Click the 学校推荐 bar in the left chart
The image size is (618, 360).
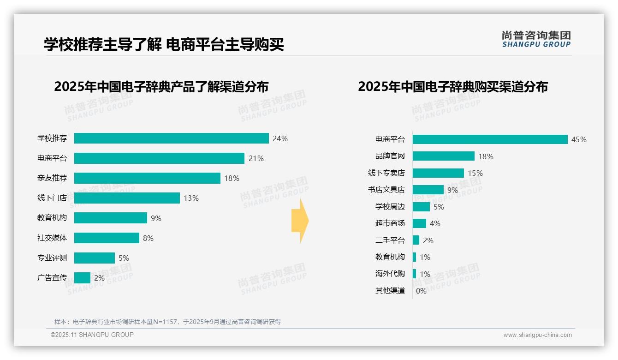tap(171, 138)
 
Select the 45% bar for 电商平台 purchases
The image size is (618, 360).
tap(490, 139)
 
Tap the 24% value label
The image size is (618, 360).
tap(280, 138)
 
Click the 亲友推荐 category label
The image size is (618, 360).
tap(52, 178)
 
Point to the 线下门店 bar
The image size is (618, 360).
tap(127, 198)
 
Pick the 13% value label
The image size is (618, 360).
tap(191, 198)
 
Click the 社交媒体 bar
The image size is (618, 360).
tap(107, 238)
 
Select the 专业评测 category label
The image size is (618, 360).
tap(52, 258)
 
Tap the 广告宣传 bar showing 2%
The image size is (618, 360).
tap(82, 278)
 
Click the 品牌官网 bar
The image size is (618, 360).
tap(443, 156)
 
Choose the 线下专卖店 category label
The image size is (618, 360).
tap(386, 173)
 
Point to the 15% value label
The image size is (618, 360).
tap(475, 173)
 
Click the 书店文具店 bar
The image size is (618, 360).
tap(428, 190)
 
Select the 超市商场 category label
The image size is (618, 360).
tap(390, 223)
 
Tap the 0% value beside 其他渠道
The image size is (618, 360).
tap(421, 291)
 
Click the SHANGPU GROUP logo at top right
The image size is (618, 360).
tap(536, 39)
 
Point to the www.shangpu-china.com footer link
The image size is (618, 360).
tap(537, 335)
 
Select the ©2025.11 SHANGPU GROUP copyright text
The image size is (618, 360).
tap(92, 335)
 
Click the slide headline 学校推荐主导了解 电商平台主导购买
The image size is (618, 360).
tap(164, 44)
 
